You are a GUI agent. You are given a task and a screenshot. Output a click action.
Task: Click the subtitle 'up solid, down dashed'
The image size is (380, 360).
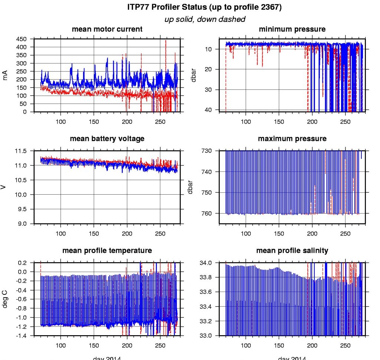204,19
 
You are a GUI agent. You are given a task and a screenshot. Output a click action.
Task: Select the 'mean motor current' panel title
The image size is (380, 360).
107,29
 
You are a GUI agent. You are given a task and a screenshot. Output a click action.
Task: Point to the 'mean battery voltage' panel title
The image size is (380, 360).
107,139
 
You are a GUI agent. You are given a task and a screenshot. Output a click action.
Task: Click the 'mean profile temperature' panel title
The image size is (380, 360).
107,251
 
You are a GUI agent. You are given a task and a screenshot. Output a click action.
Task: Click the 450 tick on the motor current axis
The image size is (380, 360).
22,39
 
